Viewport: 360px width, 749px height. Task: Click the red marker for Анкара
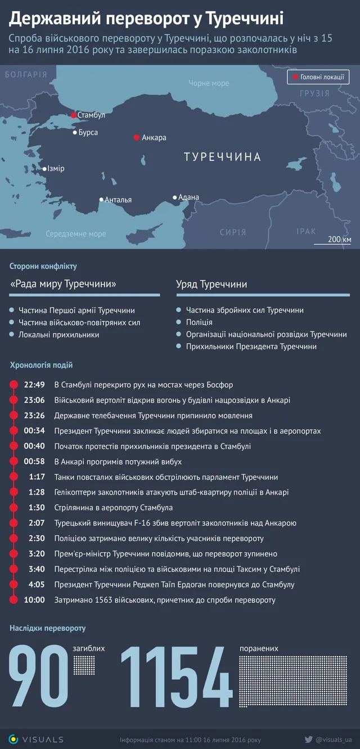click(x=136, y=137)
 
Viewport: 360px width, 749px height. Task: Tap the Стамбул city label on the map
click(x=91, y=115)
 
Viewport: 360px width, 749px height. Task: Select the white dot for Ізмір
click(x=45, y=168)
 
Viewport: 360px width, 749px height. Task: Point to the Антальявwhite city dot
click(x=101, y=199)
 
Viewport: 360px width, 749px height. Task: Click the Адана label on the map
click(x=188, y=197)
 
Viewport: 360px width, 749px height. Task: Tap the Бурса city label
click(x=88, y=133)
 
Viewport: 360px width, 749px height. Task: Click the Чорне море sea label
click(x=209, y=83)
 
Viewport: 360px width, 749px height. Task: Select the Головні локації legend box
click(x=318, y=77)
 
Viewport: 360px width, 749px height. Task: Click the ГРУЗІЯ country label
click(x=314, y=93)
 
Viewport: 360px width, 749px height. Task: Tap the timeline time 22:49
click(x=34, y=385)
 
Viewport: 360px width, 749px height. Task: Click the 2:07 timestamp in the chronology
click(x=37, y=523)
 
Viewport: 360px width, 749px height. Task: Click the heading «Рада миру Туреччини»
click(x=63, y=284)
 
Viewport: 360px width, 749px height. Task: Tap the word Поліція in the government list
click(x=199, y=322)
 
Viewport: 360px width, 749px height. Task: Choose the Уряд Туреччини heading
click(x=211, y=284)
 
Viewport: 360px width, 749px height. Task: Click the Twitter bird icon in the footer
click(x=308, y=739)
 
